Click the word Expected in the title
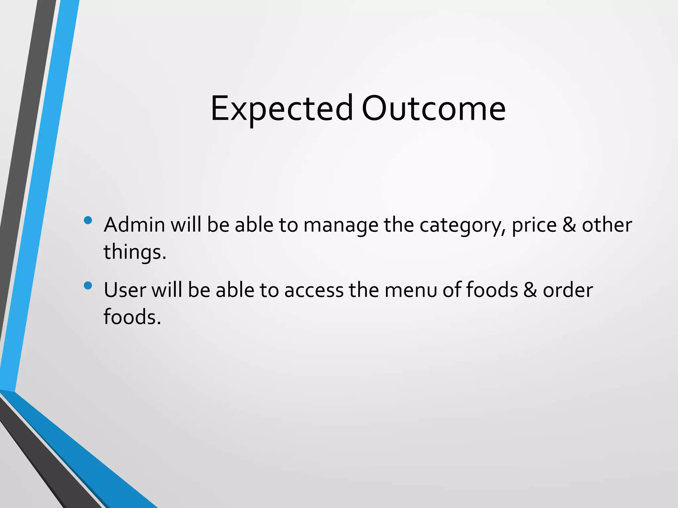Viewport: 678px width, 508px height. [282, 108]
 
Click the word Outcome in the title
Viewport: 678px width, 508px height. [433, 108]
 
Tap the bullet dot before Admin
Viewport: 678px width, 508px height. [88, 220]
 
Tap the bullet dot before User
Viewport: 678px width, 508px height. [88, 285]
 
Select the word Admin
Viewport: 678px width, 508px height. [134, 225]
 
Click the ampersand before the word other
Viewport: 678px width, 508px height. [569, 225]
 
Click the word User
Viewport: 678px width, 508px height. [125, 290]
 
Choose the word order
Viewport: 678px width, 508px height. [568, 290]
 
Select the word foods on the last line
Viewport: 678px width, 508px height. [132, 317]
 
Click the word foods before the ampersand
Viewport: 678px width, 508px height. [492, 290]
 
